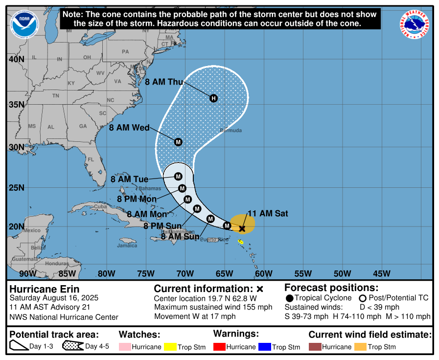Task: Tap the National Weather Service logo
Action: click(416, 25)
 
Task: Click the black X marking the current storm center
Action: click(242, 228)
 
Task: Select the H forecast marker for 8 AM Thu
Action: click(213, 98)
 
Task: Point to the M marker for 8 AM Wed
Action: click(178, 142)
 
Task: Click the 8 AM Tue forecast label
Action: click(129, 180)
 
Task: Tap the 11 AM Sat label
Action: click(268, 213)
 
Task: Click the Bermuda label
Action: click(231, 131)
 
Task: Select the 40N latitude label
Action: click(16, 59)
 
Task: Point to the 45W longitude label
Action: click(381, 273)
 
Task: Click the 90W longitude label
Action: click(27, 273)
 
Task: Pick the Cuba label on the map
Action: click(100, 206)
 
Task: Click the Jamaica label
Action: click(127, 246)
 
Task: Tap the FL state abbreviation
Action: click(91, 159)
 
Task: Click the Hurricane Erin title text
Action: click(44, 289)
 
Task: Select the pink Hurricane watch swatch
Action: click(125, 347)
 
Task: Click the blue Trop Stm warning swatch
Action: click(265, 347)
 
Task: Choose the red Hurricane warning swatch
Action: click(219, 347)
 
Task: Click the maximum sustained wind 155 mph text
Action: click(213, 307)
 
